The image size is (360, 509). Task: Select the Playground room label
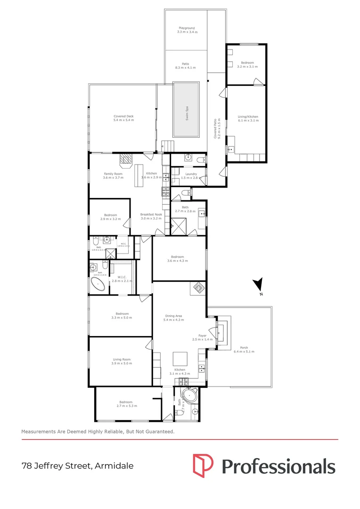click(x=186, y=30)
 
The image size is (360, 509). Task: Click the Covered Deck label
click(x=123, y=118)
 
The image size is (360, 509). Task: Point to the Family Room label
click(x=113, y=176)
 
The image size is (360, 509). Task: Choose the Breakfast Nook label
click(x=151, y=217)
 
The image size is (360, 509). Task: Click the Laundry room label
click(x=191, y=176)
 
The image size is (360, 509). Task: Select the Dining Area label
click(x=173, y=318)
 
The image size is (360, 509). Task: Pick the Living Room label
click(x=121, y=361)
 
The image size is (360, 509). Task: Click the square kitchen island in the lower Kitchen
click(x=180, y=359)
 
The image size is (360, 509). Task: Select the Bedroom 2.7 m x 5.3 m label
click(x=126, y=404)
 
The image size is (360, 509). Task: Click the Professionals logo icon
click(x=203, y=465)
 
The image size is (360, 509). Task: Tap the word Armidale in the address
click(x=114, y=466)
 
